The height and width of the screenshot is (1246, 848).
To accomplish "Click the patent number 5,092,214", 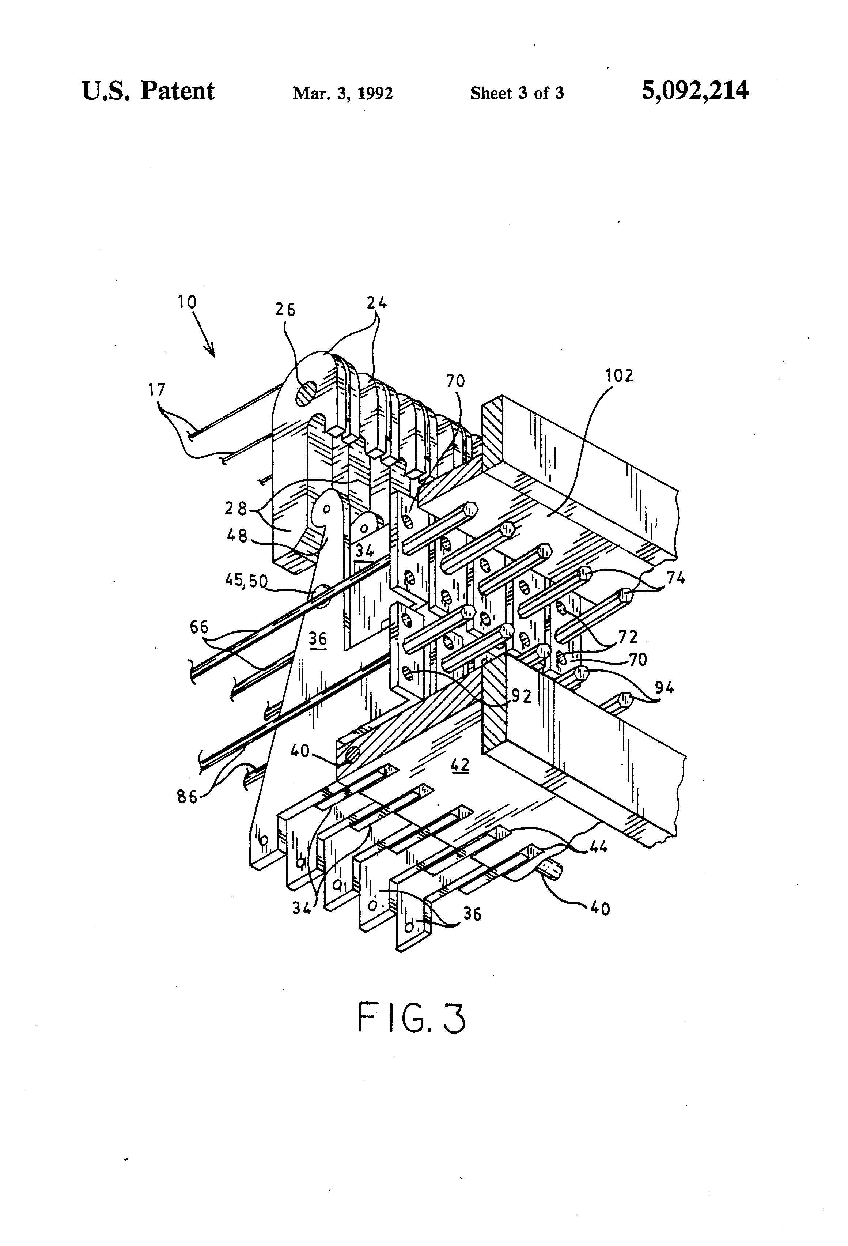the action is point(695,91).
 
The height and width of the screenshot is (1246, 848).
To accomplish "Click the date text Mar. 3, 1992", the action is point(342,93).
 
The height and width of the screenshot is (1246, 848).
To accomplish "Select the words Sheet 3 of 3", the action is point(517,93).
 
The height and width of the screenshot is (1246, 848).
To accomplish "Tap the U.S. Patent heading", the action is point(148,91).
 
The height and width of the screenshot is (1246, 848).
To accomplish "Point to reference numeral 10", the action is point(188,302).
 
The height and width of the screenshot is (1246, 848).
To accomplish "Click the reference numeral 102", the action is point(619,375).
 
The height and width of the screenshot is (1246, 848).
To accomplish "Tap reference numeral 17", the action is point(157,390).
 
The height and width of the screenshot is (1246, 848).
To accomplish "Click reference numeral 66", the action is point(199,627).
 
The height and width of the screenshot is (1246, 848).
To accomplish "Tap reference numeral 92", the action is point(521,696).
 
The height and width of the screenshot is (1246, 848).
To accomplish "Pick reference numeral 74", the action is point(675,578).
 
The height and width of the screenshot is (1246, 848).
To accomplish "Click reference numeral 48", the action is point(237,535).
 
